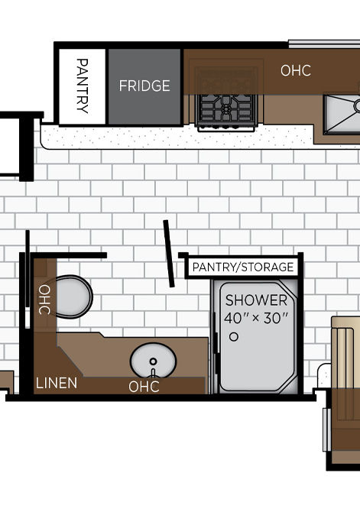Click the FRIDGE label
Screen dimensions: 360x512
[x=144, y=86]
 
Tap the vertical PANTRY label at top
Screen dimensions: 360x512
[x=83, y=86]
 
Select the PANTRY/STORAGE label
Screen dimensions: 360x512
[x=243, y=267]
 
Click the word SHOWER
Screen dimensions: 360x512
[x=256, y=300]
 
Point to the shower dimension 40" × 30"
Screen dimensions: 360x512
[x=257, y=318]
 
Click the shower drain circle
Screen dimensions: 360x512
[x=234, y=337]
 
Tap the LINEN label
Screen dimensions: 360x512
[x=57, y=383]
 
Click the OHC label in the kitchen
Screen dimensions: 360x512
[x=296, y=70]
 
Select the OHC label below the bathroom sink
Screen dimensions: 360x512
[x=144, y=387]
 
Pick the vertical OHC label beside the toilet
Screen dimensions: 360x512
[x=44, y=300]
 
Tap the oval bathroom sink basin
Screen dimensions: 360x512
[x=153, y=361]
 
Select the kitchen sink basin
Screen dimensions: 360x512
[x=342, y=115]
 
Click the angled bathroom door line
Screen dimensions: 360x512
[x=169, y=254]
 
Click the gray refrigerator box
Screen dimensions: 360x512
[x=144, y=86]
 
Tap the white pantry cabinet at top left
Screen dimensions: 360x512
[x=83, y=86]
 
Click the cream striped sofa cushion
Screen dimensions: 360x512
[x=345, y=352]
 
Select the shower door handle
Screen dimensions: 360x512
[x=216, y=332]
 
